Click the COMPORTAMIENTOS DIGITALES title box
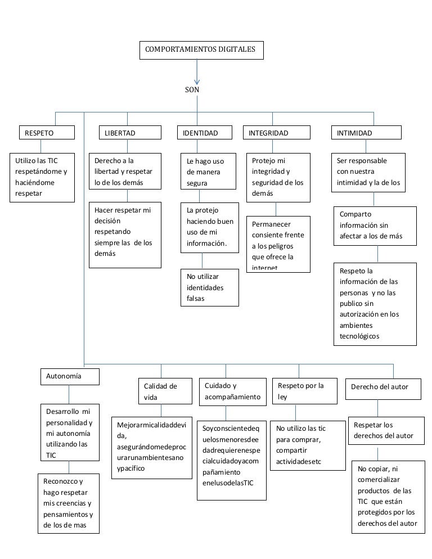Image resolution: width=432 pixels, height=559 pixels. tap(200, 49)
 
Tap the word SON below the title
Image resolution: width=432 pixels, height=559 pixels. tap(192, 89)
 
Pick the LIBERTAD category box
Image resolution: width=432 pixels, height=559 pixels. tap(128, 133)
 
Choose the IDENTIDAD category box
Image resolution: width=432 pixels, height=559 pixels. tap(205, 133)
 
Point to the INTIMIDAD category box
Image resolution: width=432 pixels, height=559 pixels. tap(366, 133)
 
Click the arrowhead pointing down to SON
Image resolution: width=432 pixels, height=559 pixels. tap(197, 80)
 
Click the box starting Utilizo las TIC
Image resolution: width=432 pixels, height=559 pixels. tap(44, 177)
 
